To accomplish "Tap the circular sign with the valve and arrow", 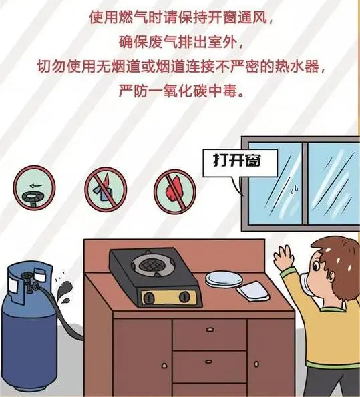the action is pos(34,188).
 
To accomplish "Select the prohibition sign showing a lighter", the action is pos(106,189).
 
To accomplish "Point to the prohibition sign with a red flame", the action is pos(175,191).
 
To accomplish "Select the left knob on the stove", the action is pos(148,298).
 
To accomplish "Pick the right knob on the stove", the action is pos(184,296).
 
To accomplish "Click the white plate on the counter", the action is pos(224,279).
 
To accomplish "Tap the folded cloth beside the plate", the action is pos(253,290).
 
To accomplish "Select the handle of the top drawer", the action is pos(210,330).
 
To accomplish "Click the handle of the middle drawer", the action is pos(208,361).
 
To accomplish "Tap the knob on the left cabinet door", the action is pos(164,366).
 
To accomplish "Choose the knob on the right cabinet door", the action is pos(256,364).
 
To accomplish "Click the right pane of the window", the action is pos(333,183).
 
